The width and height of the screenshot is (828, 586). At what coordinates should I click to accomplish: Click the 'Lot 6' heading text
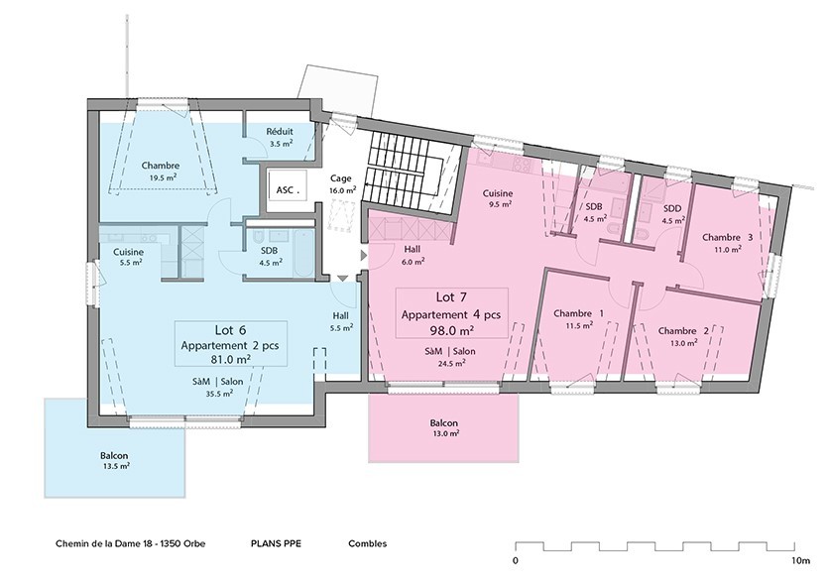point(231,330)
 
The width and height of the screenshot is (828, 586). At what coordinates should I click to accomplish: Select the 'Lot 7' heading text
point(451,296)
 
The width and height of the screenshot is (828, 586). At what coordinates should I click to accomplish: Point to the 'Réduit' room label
point(279,133)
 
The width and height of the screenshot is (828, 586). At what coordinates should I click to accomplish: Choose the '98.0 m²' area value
point(451,330)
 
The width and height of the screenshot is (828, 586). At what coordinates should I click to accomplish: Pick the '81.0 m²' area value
point(231,362)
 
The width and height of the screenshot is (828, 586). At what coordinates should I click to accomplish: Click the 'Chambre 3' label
point(727,238)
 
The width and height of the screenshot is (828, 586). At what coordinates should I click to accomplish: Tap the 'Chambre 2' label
point(682,331)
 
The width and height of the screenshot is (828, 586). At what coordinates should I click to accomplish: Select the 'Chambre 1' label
point(578,313)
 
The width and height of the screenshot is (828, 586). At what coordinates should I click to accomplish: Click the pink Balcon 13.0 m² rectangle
point(443,427)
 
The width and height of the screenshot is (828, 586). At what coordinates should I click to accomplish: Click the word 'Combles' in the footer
point(367,544)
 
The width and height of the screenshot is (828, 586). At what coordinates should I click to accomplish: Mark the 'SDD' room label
point(655,208)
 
